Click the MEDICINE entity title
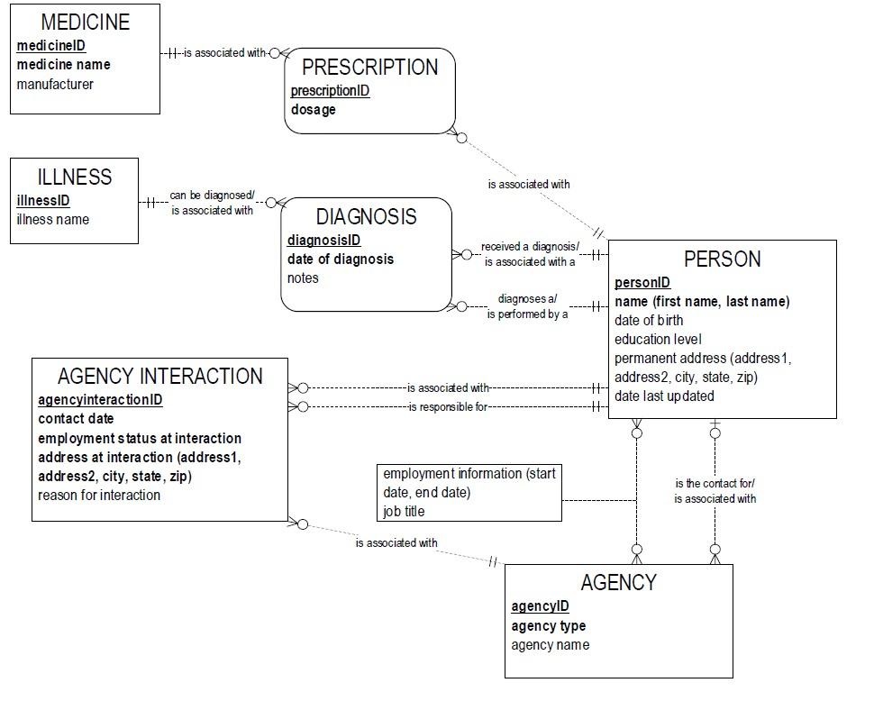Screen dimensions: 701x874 (86, 22)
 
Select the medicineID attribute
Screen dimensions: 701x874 (51, 46)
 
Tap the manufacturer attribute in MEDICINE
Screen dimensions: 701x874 (55, 84)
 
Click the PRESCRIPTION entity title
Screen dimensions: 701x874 (369, 68)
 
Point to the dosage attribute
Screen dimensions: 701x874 (314, 110)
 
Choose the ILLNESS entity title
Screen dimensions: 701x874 (75, 177)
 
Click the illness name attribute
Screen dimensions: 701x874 (53, 220)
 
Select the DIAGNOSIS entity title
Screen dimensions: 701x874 (366, 217)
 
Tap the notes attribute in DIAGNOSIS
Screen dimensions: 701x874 (303, 278)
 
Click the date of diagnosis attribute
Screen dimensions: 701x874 (341, 259)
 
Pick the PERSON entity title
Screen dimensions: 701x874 (722, 259)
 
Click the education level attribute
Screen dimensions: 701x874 (659, 340)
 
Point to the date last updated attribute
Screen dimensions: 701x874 (664, 396)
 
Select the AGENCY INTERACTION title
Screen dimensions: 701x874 (160, 376)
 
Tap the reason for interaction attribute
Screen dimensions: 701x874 (99, 496)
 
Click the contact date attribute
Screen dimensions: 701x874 (76, 419)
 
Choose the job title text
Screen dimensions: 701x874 (404, 512)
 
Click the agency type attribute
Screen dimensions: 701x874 (548, 626)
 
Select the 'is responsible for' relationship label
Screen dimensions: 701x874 (448, 407)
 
